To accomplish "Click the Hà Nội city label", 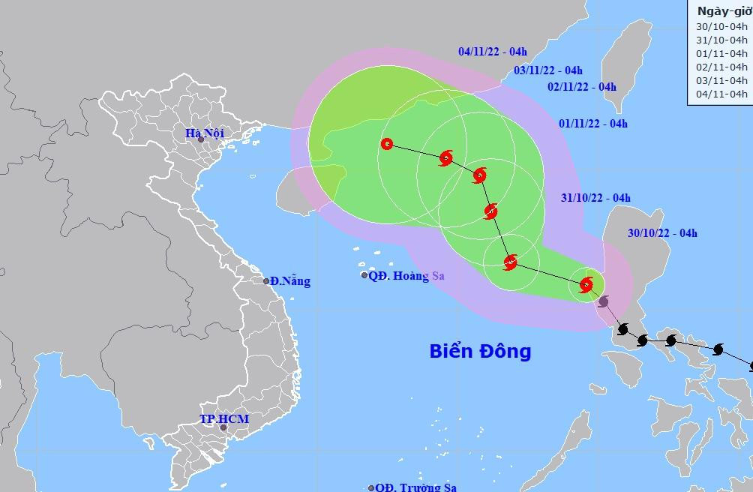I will click(205, 133).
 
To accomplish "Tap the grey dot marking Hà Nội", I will click(201, 139).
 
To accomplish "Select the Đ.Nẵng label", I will click(290, 281).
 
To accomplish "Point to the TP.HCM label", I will click(223, 418).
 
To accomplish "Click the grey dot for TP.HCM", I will click(223, 427).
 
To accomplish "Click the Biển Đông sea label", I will click(480, 351).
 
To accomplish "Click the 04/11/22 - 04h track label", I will click(493, 52).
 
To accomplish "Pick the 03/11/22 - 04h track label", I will click(548, 70).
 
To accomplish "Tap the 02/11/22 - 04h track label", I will click(582, 86).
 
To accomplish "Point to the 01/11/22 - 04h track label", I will click(594, 124).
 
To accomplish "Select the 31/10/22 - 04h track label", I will click(596, 198).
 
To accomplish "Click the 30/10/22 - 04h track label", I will click(663, 233).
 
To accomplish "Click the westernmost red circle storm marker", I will click(387, 144).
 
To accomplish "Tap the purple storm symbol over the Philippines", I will click(604, 301).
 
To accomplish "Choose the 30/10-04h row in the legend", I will click(722, 26).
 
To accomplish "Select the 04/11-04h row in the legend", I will click(722, 94).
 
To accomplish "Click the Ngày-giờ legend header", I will click(723, 10).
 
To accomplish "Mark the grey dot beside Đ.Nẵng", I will click(266, 281).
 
